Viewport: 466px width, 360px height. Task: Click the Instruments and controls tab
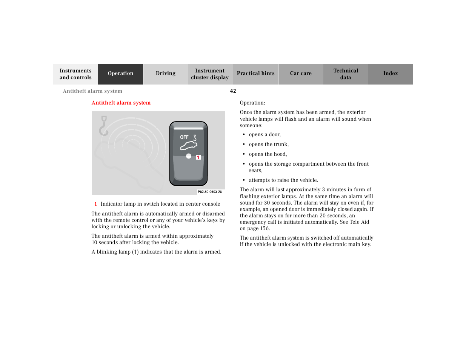[x=75, y=74]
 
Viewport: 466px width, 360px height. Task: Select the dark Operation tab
[x=120, y=74]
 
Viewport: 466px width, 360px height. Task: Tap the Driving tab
[x=165, y=74]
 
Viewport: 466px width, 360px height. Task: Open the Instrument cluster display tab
[x=210, y=74]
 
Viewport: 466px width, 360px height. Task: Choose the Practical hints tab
[x=255, y=74]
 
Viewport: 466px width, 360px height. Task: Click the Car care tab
[x=300, y=74]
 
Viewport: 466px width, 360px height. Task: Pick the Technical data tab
[x=345, y=74]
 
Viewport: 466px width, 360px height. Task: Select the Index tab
[x=391, y=74]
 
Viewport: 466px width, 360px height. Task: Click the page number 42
[x=233, y=91]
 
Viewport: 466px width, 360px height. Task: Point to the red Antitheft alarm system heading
[x=121, y=103]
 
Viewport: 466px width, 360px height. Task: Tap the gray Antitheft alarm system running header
[x=92, y=91]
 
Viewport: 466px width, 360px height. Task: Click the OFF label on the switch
[x=184, y=137]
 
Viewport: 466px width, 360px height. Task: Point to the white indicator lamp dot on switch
[x=189, y=156]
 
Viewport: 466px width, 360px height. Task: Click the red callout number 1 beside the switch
[x=198, y=157]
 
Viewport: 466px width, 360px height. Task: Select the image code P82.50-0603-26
[x=210, y=192]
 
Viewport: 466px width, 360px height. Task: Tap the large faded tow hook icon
[x=103, y=126]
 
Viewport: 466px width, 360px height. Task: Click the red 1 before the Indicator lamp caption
[x=95, y=204]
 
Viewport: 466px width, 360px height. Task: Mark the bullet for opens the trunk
[x=244, y=145]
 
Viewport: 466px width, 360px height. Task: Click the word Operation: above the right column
[x=252, y=103]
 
